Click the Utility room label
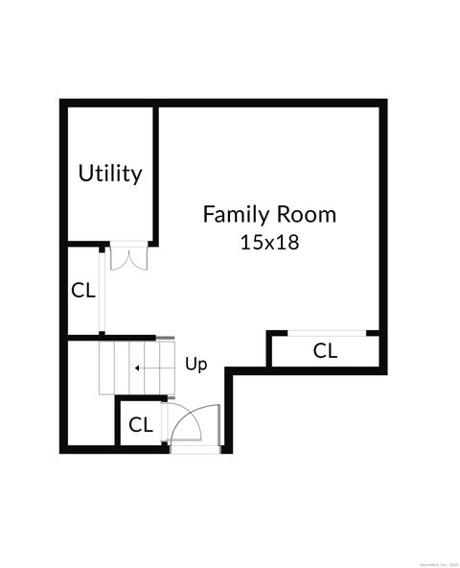(x=110, y=174)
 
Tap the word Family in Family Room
(x=236, y=214)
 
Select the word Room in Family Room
(x=307, y=214)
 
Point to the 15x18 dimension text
(x=269, y=242)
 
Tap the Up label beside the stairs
(x=195, y=365)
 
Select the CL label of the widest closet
(x=326, y=351)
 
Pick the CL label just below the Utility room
(x=83, y=290)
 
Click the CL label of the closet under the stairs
(x=141, y=424)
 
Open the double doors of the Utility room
(x=126, y=257)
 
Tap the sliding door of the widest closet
(x=326, y=333)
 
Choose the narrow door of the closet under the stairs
(x=164, y=422)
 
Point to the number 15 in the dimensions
(x=251, y=242)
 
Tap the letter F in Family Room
(x=208, y=214)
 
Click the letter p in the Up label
(x=201, y=367)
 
